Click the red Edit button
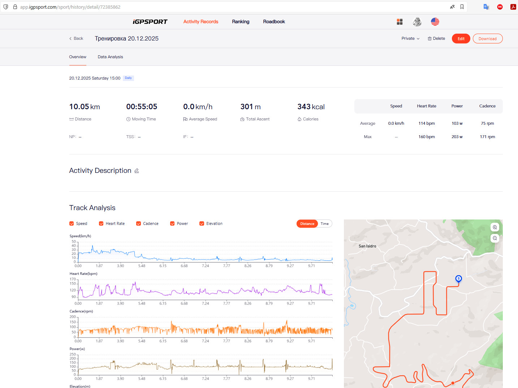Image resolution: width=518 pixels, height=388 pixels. coord(461,38)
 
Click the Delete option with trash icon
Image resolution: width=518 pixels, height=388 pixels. coord(436,38)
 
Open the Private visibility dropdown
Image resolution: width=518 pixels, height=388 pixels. coord(410,38)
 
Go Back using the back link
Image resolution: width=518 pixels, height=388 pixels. coord(76,38)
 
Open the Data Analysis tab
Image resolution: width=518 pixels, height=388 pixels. coord(110,57)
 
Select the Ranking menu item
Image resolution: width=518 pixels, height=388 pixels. coord(241,21)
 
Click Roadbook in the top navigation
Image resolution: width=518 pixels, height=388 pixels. coord(274,21)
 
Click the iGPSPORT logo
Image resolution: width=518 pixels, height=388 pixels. coord(150,22)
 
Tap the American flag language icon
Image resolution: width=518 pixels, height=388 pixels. coord(435,22)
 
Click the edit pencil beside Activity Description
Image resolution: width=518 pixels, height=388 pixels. coord(137,171)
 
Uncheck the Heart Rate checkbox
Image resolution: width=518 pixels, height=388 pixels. coord(101,223)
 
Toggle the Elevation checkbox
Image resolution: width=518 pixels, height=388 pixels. coord(202,223)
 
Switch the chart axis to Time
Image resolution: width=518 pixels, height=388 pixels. coord(324,223)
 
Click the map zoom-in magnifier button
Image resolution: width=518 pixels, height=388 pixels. coord(495,227)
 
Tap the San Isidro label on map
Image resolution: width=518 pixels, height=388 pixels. coord(367,246)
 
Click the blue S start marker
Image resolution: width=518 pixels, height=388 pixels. coord(458,279)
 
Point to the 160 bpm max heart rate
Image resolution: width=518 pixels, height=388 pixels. coord(427,137)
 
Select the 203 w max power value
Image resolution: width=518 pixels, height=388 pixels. coord(457,137)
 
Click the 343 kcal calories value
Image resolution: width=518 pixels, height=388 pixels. coord(311,107)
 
